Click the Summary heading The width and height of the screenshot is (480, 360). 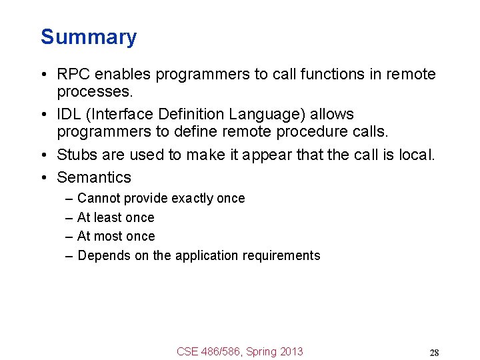[x=89, y=37]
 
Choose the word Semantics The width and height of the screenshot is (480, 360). [x=94, y=177]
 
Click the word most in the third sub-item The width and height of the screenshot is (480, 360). [x=108, y=237]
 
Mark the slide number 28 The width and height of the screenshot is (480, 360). [x=434, y=353]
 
